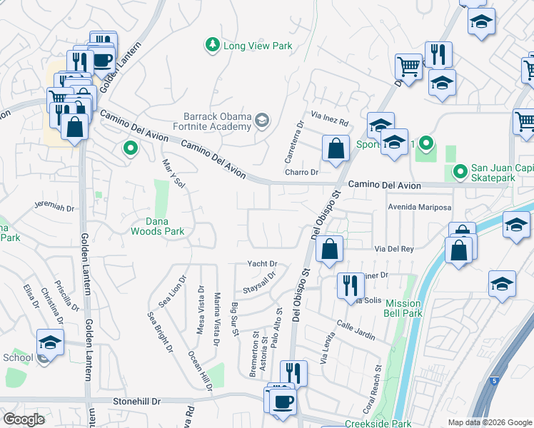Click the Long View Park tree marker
point(212,45)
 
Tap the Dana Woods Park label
point(157,225)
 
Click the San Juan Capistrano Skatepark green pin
point(460,171)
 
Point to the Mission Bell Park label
point(403,308)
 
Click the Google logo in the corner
point(25,419)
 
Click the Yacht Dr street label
point(261,264)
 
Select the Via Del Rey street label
point(394,249)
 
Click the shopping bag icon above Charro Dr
point(336,149)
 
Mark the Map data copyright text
point(488,422)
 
